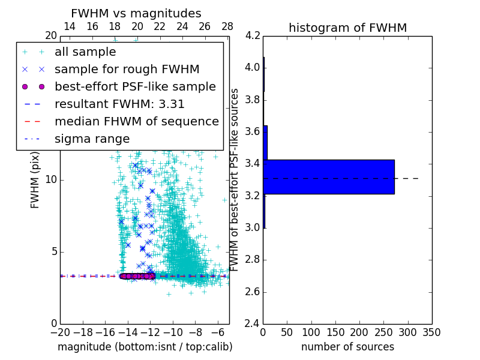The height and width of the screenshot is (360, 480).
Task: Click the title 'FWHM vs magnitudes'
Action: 136,13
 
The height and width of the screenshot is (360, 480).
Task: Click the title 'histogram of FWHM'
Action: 347,28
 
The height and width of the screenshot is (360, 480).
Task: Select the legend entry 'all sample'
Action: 85,52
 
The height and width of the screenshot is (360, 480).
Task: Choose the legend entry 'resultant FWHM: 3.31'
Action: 119,104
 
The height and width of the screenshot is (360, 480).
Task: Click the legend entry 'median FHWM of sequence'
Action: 136,121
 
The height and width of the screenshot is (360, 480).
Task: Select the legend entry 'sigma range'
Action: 92,139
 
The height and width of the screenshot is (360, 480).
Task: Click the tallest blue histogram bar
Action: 329,176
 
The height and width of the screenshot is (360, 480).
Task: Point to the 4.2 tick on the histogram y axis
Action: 253,35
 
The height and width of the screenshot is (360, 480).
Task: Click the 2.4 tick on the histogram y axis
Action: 253,324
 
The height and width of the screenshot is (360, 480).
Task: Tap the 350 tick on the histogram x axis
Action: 432,332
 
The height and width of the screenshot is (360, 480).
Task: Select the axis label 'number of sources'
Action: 347,347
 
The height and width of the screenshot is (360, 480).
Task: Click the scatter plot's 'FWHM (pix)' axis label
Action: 35,180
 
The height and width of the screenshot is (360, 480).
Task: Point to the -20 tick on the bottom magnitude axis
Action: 60,332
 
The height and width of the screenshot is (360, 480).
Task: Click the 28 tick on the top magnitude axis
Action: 227,26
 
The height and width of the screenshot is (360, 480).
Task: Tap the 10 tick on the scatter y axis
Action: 51,179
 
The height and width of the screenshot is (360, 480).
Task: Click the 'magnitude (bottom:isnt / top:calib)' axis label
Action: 145,347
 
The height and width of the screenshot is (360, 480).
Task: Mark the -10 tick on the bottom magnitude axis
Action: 173,332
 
